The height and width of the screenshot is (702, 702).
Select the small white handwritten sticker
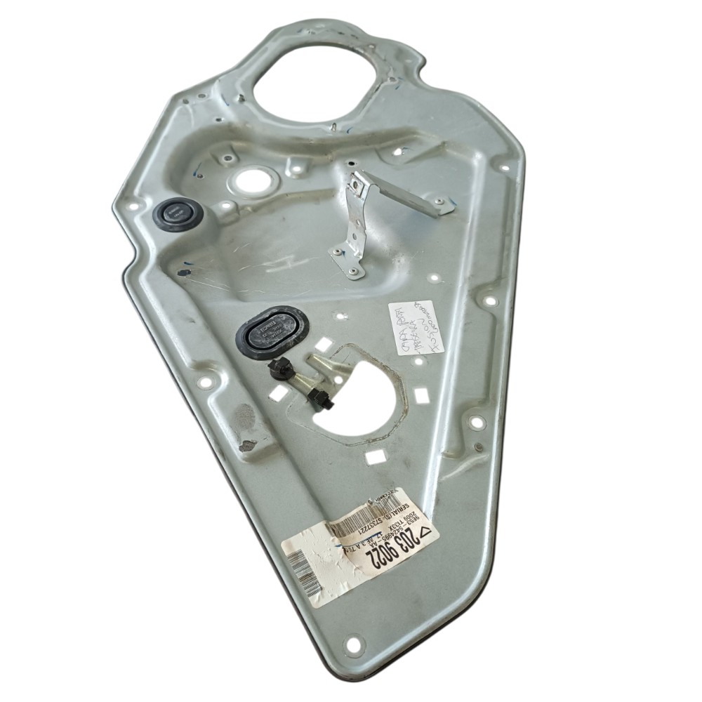coord(416,326)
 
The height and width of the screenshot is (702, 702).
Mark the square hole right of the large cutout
coord(421,395)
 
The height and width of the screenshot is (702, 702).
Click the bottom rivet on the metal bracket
coord(352,271)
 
